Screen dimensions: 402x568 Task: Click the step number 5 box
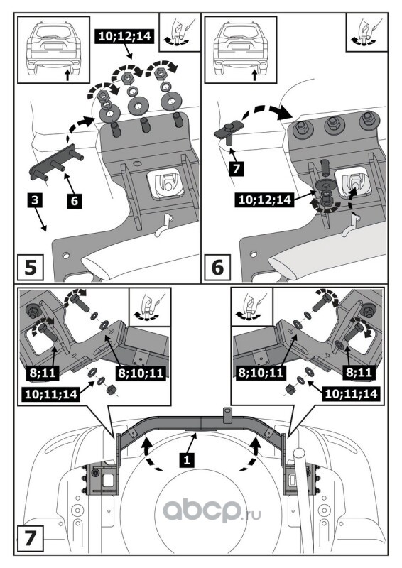tap(31, 268)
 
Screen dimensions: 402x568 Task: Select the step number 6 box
tap(217, 268)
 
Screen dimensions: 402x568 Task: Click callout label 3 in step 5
tap(35, 200)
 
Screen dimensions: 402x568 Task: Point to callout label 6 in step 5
tap(75, 201)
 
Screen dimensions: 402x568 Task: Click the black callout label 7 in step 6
tap(237, 169)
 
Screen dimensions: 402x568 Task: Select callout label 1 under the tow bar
tap(187, 460)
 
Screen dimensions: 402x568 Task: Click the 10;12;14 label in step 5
tap(124, 37)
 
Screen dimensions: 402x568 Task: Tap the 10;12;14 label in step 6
tap(265, 200)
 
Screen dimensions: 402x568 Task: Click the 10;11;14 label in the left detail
tap(51, 394)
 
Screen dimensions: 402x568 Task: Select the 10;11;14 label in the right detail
tap(352, 394)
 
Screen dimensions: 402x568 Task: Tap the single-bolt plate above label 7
tap(229, 133)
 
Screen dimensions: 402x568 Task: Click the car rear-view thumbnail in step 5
tap(53, 50)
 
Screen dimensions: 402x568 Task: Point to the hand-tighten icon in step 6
tap(366, 32)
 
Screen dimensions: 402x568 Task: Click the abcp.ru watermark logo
tap(212, 510)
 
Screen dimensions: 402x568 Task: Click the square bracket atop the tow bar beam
tap(227, 415)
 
